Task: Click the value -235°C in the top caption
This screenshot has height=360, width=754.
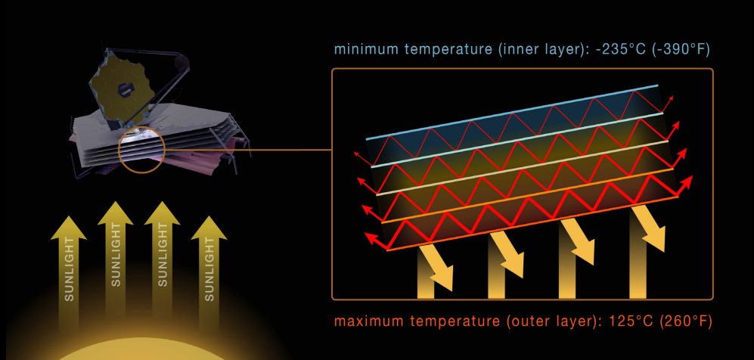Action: (618, 51)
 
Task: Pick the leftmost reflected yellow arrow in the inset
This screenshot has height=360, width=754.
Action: (436, 268)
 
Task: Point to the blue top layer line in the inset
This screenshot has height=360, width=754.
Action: (514, 113)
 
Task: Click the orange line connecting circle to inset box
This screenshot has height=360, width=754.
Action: (250, 150)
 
